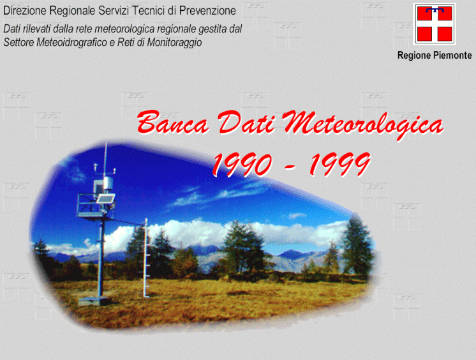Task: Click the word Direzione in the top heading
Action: (25, 11)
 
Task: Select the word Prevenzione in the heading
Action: (207, 11)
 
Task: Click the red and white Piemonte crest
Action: (435, 24)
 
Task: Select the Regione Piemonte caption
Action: (435, 56)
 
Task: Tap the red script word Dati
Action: (246, 121)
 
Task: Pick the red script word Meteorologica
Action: (362, 124)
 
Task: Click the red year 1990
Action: (242, 164)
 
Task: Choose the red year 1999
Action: (340, 164)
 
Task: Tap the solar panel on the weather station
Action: (105, 199)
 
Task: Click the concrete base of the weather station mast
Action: (93, 301)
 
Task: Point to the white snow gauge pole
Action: (145, 258)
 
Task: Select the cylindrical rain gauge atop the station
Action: (108, 183)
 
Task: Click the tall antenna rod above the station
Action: (106, 160)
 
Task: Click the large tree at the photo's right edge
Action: (357, 244)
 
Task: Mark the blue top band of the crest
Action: (435, 10)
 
